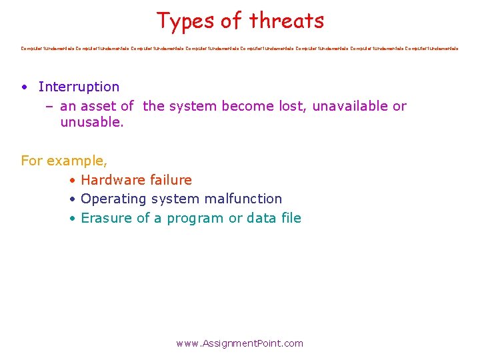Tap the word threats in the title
point(287,21)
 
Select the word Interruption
point(79,87)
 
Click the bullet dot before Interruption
point(24,87)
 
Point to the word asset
point(99,106)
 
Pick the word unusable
point(91,123)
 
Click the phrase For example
point(64,161)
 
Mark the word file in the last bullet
point(290,218)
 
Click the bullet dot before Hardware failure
point(71,181)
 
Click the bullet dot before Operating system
point(71,199)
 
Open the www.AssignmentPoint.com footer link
point(239,343)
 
